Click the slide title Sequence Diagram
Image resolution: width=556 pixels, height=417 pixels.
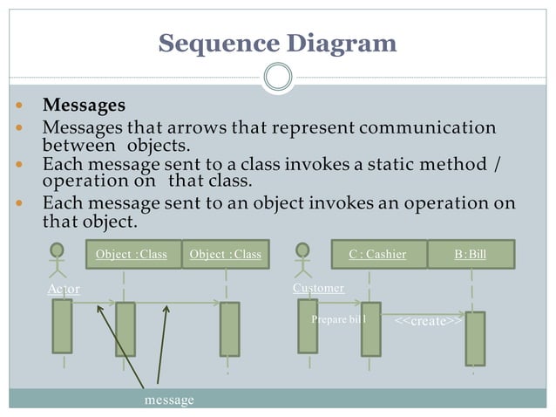[277, 43]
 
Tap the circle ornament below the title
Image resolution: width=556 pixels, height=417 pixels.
[277, 77]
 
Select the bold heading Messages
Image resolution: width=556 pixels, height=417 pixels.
[84, 106]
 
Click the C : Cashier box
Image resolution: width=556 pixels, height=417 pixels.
[377, 254]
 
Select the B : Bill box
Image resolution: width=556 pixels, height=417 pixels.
[471, 254]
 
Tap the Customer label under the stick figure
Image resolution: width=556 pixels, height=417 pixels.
[318, 288]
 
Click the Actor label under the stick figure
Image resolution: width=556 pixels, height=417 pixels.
[63, 289]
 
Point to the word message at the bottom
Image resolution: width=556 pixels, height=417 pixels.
[169, 400]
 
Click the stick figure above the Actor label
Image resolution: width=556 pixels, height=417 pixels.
[58, 259]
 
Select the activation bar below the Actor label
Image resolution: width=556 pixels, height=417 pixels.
[62, 325]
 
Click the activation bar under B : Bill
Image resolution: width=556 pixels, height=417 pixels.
[475, 338]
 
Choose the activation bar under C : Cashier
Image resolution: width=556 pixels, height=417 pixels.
[371, 329]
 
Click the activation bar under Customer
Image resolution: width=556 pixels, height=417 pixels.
[308, 325]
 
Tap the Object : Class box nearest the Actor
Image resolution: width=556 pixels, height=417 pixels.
[131, 254]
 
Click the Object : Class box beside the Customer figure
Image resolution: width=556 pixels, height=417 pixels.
[225, 254]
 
